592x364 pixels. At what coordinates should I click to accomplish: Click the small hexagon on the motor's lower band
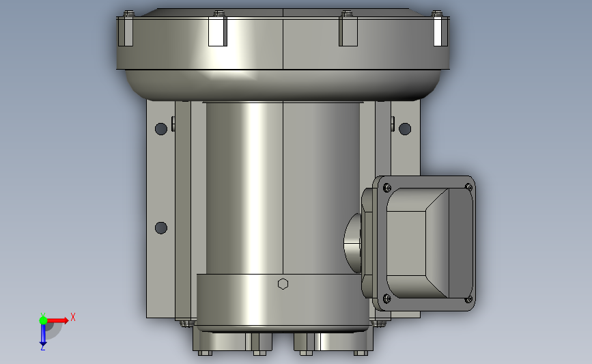(283, 284)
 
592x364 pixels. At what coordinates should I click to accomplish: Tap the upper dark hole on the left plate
(161, 129)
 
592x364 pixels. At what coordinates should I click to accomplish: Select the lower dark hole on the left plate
(161, 227)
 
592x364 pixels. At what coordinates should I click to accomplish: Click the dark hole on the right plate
(405, 129)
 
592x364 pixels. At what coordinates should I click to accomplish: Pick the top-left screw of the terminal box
(387, 187)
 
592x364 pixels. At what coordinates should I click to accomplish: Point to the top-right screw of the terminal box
(468, 187)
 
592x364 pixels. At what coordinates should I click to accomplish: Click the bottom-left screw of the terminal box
(387, 298)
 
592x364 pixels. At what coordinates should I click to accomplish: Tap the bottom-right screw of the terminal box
(468, 299)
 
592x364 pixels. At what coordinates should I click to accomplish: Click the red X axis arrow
(57, 320)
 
